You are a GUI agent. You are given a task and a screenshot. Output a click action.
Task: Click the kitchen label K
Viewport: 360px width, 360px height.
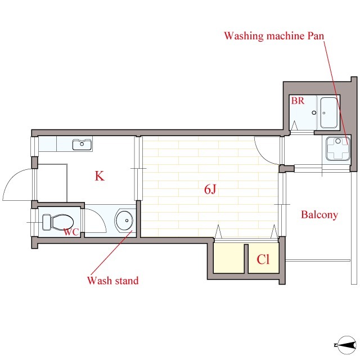(x=100, y=176)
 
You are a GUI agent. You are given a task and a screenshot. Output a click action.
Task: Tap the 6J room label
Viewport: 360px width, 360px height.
(x=210, y=190)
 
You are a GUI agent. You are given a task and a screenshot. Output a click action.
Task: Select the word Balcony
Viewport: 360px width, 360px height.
(x=319, y=215)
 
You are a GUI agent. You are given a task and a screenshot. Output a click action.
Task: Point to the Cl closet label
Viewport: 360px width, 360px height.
(x=263, y=259)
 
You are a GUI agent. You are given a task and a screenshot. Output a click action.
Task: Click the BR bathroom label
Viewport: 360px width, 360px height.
(x=298, y=101)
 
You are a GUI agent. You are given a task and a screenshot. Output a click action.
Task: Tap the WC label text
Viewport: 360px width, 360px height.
(x=71, y=232)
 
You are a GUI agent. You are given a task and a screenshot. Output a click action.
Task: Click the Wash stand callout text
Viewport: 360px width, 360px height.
(x=112, y=281)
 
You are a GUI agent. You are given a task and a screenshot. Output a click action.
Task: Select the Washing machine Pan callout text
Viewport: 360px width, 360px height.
(x=274, y=36)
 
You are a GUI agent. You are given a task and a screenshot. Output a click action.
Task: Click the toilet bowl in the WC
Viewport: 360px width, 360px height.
(x=62, y=222)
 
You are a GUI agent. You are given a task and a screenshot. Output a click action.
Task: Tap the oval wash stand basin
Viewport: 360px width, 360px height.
(x=124, y=220)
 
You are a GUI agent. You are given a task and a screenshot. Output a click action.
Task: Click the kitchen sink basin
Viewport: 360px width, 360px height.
(x=82, y=145)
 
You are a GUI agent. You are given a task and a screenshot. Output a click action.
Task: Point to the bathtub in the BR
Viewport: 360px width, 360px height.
(x=328, y=112)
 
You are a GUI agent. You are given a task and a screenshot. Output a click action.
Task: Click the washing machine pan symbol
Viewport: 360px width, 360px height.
(x=338, y=148)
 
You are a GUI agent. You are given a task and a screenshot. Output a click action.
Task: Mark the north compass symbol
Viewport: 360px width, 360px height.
(x=346, y=345)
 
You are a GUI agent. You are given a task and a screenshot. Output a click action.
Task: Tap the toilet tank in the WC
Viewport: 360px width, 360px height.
(x=47, y=222)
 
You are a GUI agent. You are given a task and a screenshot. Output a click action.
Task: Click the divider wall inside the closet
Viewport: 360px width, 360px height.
(x=246, y=259)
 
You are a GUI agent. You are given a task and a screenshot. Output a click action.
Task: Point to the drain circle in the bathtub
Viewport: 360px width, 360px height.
(x=324, y=113)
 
